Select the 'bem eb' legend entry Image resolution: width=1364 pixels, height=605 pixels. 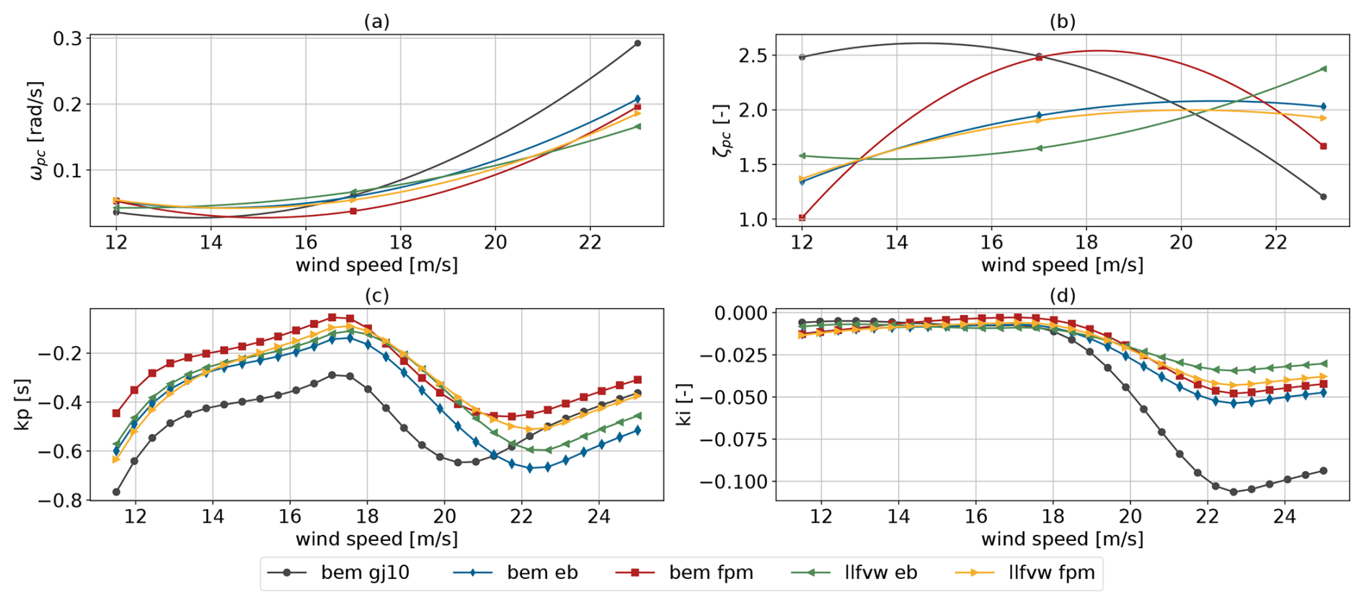[515, 573]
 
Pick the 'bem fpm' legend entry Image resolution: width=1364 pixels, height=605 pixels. [684, 573]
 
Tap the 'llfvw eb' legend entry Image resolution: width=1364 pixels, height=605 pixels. [854, 573]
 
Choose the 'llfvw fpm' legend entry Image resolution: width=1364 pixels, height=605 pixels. [1024, 573]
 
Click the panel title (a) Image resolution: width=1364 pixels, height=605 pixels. [376, 22]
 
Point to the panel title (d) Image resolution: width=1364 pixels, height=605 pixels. [1063, 296]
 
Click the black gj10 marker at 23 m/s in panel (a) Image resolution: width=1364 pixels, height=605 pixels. [637, 43]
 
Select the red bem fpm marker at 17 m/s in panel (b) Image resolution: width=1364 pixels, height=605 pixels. [1039, 57]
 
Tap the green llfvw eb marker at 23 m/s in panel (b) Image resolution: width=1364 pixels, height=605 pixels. [1323, 69]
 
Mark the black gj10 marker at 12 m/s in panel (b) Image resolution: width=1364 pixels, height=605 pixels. [802, 57]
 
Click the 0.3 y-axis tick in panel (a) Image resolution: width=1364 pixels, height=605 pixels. [67, 38]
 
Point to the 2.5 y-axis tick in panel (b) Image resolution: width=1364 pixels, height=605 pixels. [753, 56]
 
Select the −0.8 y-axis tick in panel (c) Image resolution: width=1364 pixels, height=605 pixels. [57, 500]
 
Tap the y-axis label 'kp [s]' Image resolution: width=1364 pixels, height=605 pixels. [22, 405]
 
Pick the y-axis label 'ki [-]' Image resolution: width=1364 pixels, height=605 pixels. [684, 405]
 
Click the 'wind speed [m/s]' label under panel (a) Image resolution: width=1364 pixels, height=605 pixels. [376, 265]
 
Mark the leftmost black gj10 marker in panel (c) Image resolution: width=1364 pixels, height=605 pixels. [116, 492]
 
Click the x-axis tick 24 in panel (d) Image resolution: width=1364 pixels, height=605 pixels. [1285, 516]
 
